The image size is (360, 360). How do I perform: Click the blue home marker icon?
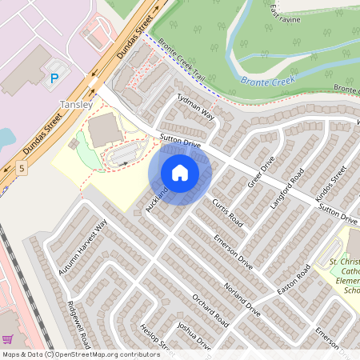[x=180, y=173]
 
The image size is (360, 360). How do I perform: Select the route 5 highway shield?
[x=20, y=168]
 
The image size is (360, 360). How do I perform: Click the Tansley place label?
[x=77, y=105]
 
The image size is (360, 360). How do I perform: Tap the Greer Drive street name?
[x=261, y=171]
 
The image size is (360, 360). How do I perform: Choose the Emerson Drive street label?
[x=234, y=250]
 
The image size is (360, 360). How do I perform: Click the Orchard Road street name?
[x=210, y=311]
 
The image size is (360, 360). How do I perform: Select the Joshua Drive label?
[x=194, y=338]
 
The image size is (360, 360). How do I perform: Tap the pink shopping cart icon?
[x=7, y=339]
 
